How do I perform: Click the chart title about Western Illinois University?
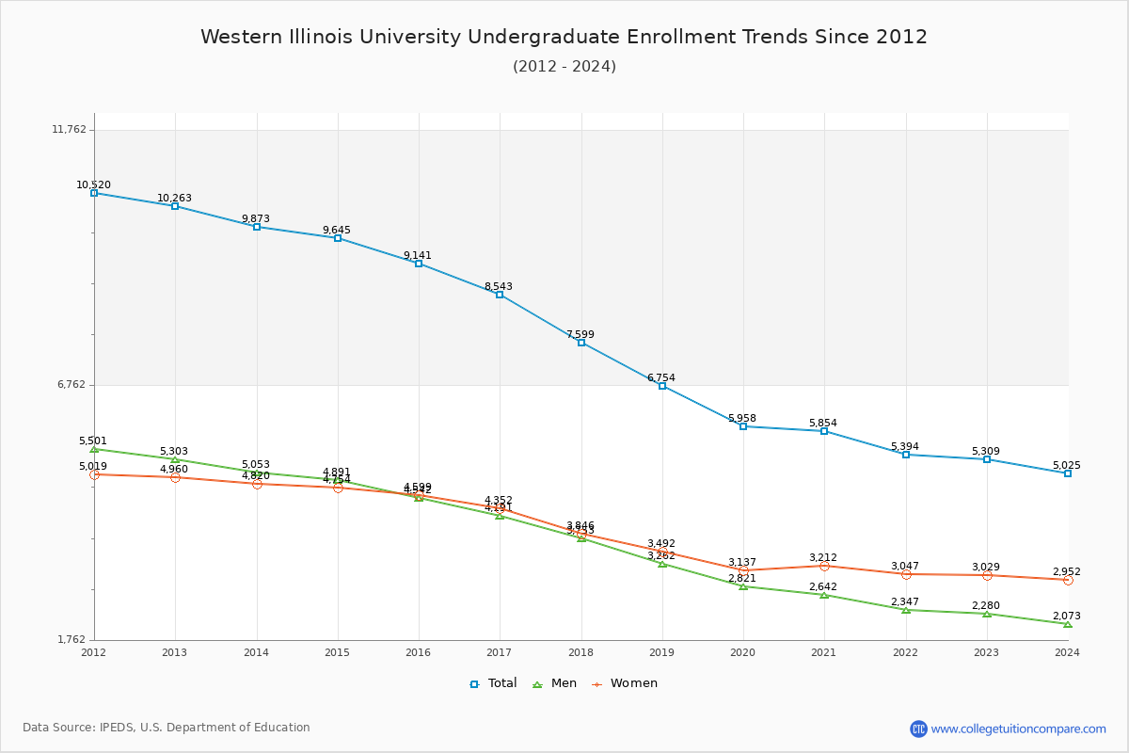(564, 38)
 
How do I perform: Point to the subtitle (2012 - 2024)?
(564, 67)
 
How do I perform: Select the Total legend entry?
(493, 683)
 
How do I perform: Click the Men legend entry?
(555, 683)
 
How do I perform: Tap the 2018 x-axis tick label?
(580, 652)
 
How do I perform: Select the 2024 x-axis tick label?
(1067, 652)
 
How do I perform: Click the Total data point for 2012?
(94, 193)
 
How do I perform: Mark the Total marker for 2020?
(743, 426)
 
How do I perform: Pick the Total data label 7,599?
(580, 335)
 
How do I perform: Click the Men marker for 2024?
(1068, 624)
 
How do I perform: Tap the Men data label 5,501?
(93, 441)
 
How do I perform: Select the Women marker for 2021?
(824, 566)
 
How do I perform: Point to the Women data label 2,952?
(1066, 572)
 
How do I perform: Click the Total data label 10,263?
(174, 199)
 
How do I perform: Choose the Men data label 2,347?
(905, 602)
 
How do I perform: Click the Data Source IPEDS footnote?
(167, 728)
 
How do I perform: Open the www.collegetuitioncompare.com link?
(1018, 729)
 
